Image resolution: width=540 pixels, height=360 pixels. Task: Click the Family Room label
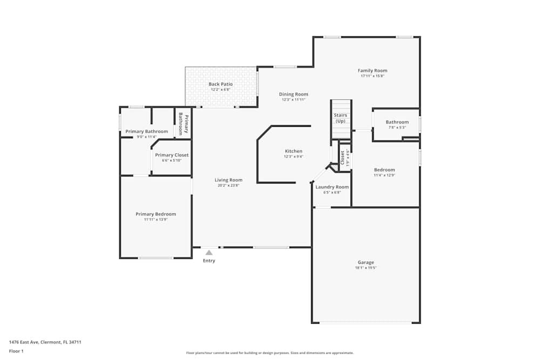[373, 71]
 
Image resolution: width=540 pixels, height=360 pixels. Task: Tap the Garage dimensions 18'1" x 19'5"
[366, 268]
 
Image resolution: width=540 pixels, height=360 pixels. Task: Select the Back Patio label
[220, 84]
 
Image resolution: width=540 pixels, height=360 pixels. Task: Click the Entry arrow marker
[209, 252]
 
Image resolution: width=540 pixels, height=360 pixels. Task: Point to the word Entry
[209, 261]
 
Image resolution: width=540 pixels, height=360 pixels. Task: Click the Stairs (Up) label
[340, 118]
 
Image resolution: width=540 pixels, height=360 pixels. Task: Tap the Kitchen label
[294, 151]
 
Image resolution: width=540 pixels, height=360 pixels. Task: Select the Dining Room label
[294, 94]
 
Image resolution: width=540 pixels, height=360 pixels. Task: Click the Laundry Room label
[332, 187]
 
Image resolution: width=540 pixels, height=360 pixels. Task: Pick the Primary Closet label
[172, 155]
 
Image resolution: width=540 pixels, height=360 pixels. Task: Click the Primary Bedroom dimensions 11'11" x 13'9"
[156, 219]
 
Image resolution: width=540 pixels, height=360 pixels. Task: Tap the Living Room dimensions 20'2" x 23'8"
[228, 185]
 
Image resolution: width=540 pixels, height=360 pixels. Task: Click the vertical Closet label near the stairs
[342, 157]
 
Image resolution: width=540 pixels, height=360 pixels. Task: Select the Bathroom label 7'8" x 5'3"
[397, 122]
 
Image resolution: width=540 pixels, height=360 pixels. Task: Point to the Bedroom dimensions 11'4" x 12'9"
[384, 175]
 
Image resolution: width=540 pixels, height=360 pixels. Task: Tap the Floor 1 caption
[16, 351]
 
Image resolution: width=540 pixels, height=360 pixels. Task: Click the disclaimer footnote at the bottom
[270, 353]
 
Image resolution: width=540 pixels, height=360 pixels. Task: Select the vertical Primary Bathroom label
[184, 124]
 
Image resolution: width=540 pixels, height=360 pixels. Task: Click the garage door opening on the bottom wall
[366, 323]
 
